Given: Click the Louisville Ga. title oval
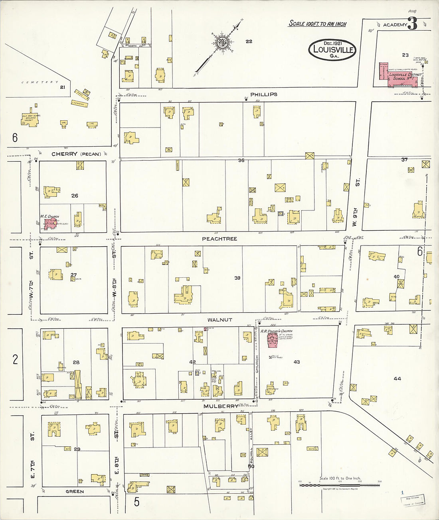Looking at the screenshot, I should click(332, 50).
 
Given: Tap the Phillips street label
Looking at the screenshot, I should click(263, 94).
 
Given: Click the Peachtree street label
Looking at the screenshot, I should click(219, 239).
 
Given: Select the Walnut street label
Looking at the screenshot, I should click(219, 320).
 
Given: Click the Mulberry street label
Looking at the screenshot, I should click(221, 406).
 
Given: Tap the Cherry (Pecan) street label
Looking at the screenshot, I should click(76, 154).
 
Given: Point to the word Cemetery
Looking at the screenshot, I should click(40, 82).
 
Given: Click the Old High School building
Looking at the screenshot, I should click(30, 119).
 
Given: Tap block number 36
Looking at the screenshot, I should click(241, 160).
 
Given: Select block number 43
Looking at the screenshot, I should click(297, 362).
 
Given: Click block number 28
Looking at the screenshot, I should click(76, 362).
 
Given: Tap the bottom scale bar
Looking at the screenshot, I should click(339, 485).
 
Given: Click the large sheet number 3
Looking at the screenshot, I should click(412, 24).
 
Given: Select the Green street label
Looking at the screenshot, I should click(75, 491).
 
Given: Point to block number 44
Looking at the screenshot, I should click(397, 379).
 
